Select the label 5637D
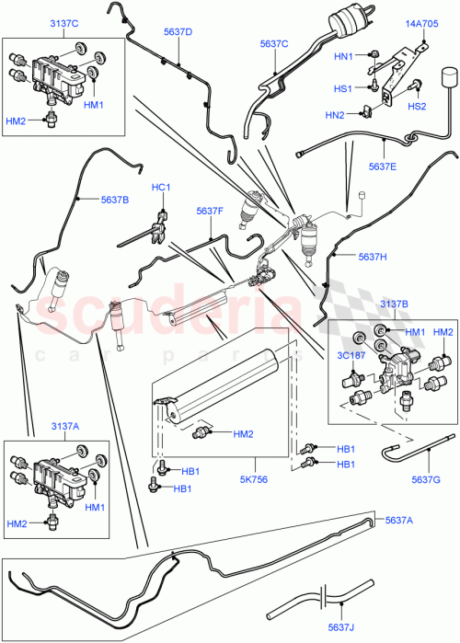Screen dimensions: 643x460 tap(178, 32)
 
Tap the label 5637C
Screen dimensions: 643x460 tap(273, 43)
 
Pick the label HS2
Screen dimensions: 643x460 tap(417, 107)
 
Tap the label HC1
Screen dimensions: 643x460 tap(162, 188)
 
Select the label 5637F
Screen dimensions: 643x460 tap(210, 211)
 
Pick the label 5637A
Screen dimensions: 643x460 tap(398, 521)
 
